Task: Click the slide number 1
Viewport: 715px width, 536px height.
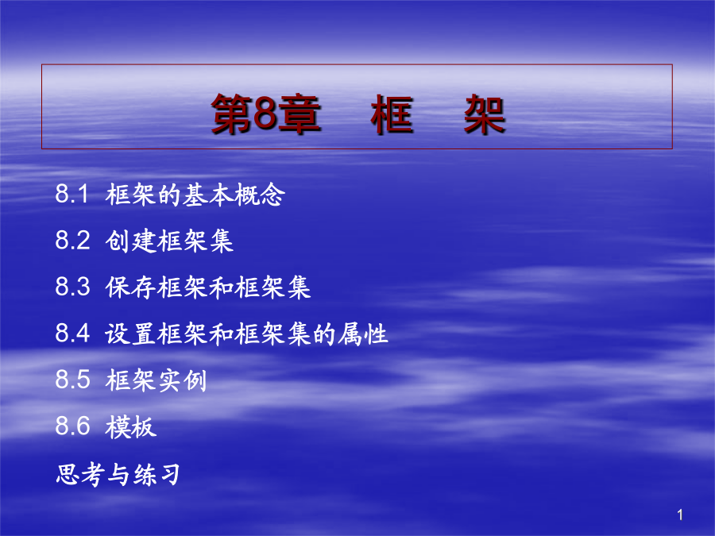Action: tap(680, 515)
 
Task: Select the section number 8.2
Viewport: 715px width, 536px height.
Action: tap(72, 240)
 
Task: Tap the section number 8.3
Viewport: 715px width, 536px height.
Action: tap(72, 287)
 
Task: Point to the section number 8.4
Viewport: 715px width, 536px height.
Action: tap(72, 333)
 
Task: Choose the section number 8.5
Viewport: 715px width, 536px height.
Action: tap(72, 380)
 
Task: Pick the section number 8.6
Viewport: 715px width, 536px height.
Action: tap(72, 426)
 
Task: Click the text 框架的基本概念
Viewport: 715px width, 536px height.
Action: tap(195, 195)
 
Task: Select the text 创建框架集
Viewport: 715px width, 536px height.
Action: tap(169, 241)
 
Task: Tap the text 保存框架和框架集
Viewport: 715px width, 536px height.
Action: tap(208, 287)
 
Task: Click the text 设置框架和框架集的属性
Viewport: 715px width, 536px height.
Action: tap(247, 334)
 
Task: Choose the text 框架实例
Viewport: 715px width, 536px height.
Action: tap(156, 380)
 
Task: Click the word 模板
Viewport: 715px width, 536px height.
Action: tap(131, 427)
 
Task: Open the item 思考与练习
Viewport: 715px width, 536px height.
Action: tap(118, 474)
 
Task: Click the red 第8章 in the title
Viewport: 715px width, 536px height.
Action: tap(266, 114)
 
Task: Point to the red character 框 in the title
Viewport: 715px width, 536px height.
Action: tap(392, 114)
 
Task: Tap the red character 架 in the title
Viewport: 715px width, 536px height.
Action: tap(485, 114)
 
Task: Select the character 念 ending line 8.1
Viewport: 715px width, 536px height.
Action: tap(272, 195)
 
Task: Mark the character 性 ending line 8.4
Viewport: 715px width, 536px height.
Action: tap(376, 334)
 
